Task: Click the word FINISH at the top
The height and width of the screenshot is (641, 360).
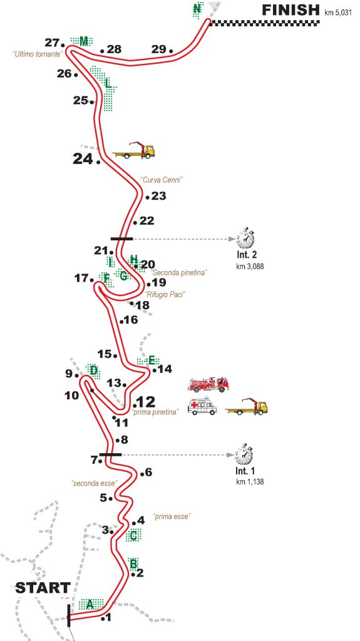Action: (291, 10)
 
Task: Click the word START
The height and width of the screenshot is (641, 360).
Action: (43, 588)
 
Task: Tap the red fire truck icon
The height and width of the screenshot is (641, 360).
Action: (208, 384)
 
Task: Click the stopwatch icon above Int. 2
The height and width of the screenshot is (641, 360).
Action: (245, 238)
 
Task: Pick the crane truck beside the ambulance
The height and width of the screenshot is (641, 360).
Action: (247, 407)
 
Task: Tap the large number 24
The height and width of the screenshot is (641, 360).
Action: (83, 158)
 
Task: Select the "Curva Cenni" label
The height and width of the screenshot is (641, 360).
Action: (161, 180)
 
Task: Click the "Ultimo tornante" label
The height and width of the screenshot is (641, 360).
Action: (37, 54)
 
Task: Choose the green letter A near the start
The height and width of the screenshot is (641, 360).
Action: (90, 603)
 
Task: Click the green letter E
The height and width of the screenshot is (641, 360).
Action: (152, 360)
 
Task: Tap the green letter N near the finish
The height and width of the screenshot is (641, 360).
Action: (197, 9)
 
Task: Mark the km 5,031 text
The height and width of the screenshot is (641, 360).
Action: (338, 13)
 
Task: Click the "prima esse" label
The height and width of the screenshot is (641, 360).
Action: (172, 516)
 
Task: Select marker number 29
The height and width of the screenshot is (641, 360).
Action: (158, 49)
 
